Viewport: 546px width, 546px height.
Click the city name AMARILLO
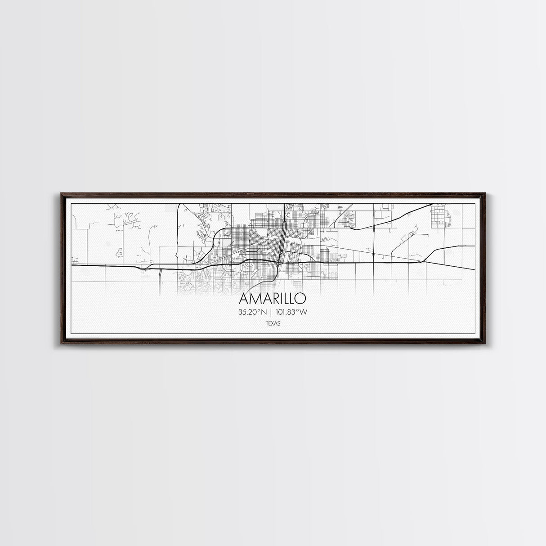coord(273,299)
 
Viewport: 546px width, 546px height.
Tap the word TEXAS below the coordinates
coord(273,322)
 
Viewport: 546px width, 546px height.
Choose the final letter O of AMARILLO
coord(301,299)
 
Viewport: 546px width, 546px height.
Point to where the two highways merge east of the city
coord(423,261)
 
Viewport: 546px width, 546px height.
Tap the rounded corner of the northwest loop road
coord(219,233)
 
